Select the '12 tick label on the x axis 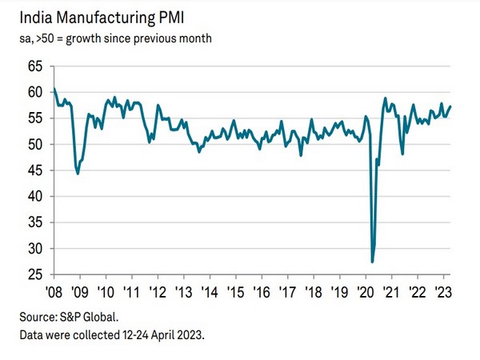(x=157, y=290)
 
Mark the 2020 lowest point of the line (x=373, y=262)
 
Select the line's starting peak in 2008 (x=54, y=88)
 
